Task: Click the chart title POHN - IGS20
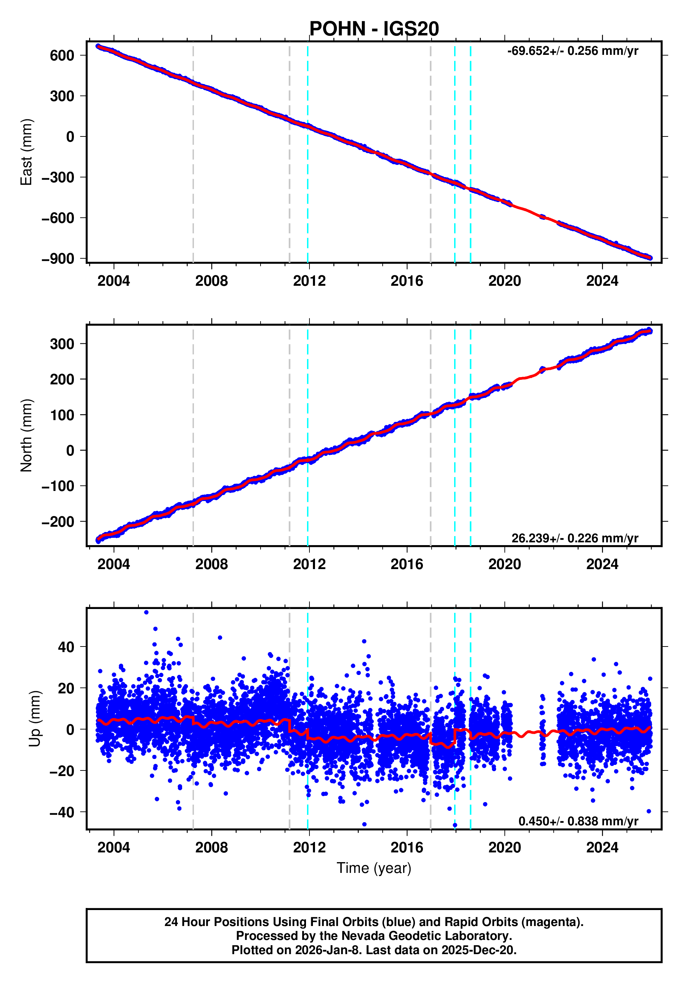tap(374, 29)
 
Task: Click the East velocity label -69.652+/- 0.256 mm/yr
tap(572, 51)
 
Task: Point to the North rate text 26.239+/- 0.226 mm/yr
tap(575, 538)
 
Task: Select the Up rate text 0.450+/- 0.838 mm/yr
tap(578, 821)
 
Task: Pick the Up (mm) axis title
tap(35, 719)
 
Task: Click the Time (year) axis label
tap(374, 868)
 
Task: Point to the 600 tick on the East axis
tap(62, 55)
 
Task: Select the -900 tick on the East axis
tap(58, 259)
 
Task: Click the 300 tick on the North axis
tap(62, 344)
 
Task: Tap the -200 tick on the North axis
tap(58, 522)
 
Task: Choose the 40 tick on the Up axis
tap(66, 647)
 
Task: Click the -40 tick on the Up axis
tap(62, 812)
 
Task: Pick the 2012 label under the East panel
tap(309, 281)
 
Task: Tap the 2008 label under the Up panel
tap(212, 848)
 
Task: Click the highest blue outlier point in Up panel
tap(146, 612)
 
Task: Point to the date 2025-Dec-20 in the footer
tap(478, 950)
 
